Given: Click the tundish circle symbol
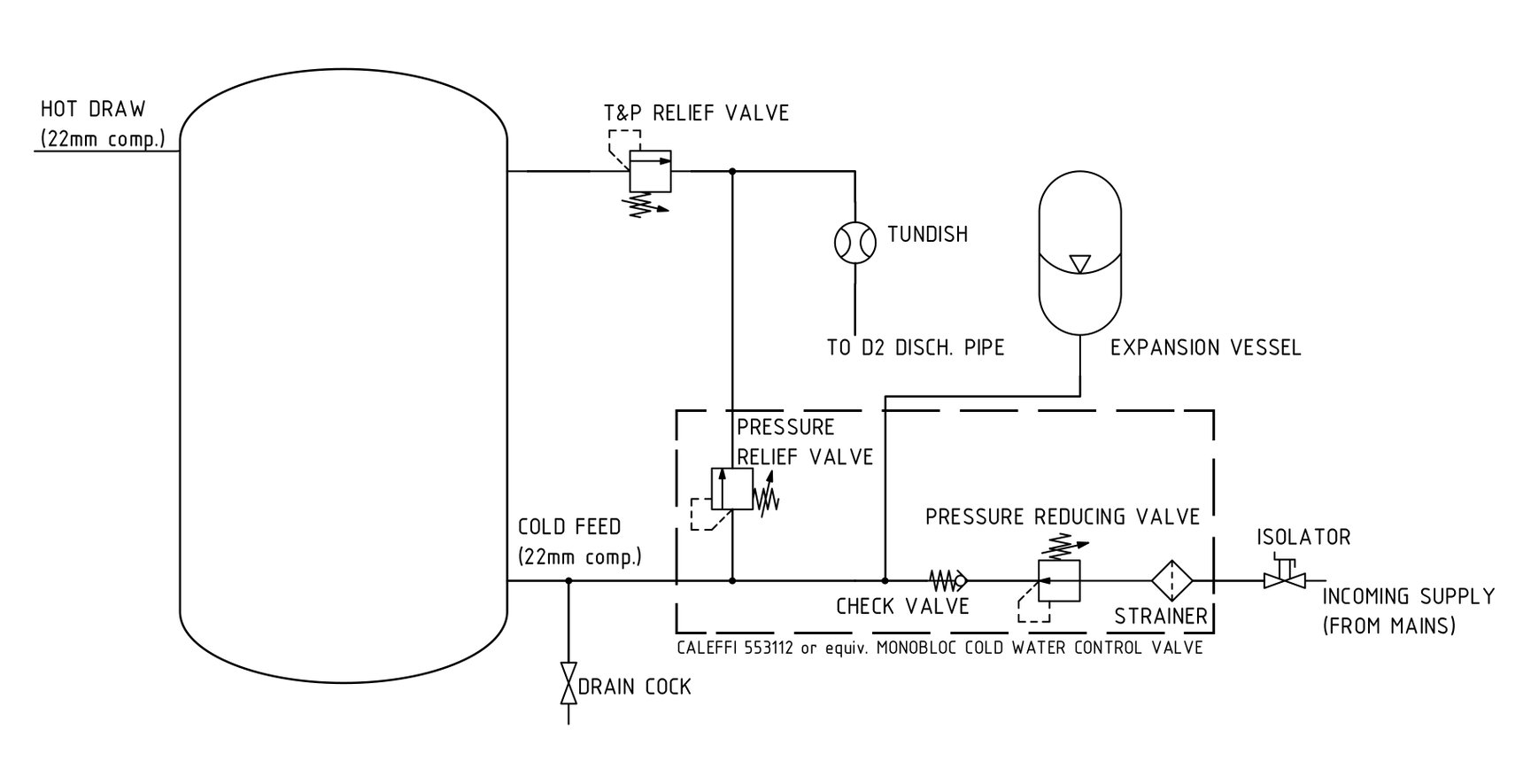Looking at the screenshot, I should (855, 242).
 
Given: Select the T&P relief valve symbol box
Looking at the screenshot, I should (650, 171).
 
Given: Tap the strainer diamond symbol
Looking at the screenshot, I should (1172, 581).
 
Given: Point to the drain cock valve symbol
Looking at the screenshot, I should (568, 682).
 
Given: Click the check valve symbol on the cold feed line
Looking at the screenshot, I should (948, 581).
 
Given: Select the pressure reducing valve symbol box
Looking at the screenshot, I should (1060, 581).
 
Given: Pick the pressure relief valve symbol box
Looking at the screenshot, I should (731, 489).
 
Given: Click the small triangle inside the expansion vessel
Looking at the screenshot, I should (1078, 264).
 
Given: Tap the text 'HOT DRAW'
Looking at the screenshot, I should (93, 110).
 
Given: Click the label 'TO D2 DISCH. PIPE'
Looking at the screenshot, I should (916, 348).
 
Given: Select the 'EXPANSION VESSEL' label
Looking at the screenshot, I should (1205, 348).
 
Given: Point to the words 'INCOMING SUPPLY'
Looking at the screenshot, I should (1408, 596).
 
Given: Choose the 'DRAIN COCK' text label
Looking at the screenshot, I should (634, 687).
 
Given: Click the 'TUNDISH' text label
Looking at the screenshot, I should (927, 235).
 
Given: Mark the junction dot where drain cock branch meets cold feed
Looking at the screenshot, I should (568, 581).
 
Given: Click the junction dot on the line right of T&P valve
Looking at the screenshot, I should (732, 171).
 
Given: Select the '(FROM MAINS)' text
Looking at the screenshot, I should (1389, 625).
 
